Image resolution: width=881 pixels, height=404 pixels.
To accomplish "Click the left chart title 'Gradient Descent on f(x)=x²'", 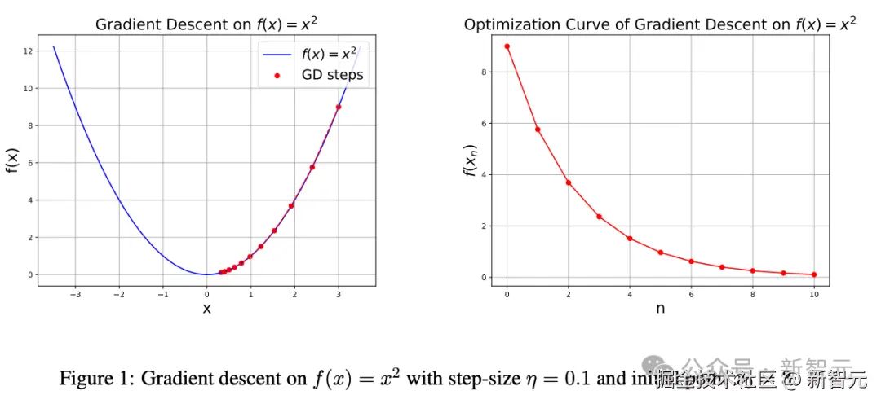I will point(206,24).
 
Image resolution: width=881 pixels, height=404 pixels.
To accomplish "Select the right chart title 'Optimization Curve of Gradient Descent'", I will point(660,24).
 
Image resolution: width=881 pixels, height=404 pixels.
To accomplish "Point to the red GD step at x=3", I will point(338,107).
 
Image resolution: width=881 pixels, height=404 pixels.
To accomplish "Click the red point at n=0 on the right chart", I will point(507,46).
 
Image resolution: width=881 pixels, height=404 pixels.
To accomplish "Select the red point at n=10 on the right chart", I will point(814,274).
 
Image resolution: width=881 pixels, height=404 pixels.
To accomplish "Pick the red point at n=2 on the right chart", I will point(569,182).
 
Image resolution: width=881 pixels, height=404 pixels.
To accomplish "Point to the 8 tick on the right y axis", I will point(485,72).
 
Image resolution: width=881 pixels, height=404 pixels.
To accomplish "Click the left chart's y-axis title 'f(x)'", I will point(11,161).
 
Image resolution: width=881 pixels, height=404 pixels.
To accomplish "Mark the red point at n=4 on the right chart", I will point(630,239).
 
